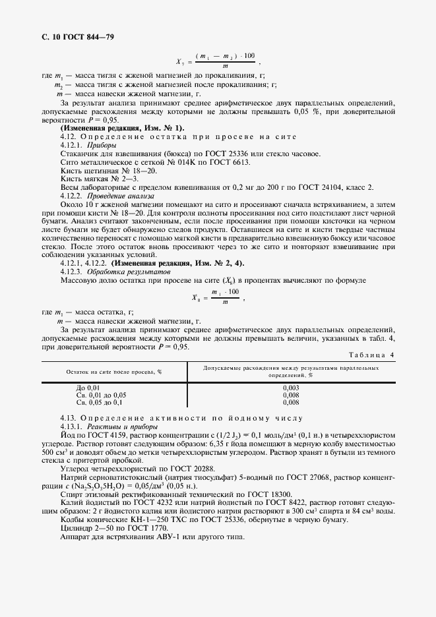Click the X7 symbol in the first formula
(179, 61)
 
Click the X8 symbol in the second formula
(195, 298)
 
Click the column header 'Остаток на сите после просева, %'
(114, 372)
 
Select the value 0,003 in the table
(290, 388)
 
